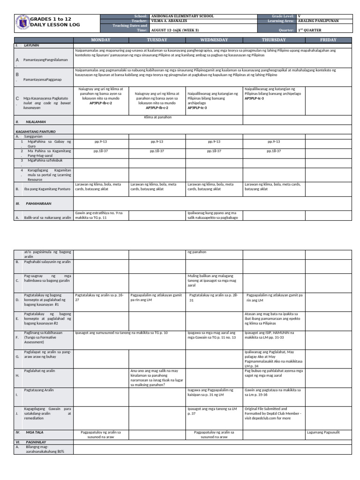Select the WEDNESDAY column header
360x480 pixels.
point(214,40)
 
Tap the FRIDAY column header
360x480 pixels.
point(328,40)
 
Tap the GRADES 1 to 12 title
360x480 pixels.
point(51,18)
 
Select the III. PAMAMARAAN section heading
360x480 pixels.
point(38,204)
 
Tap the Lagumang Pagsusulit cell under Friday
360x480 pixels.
point(323,432)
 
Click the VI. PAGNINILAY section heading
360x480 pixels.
point(30,442)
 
